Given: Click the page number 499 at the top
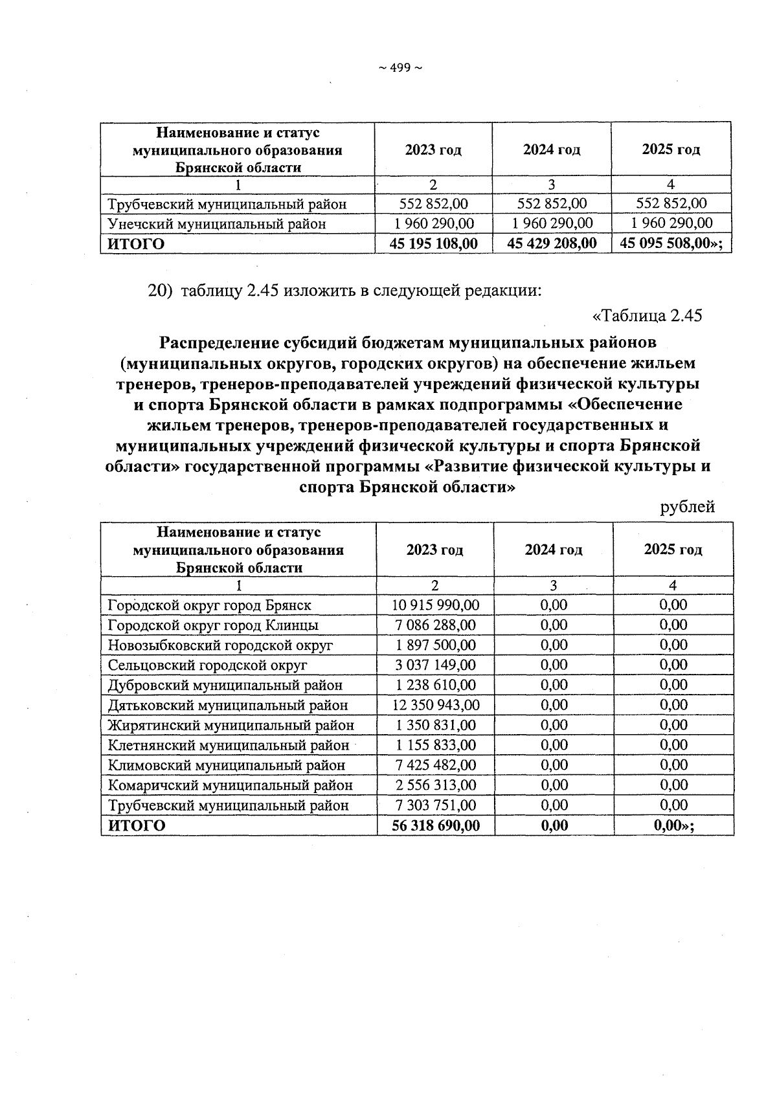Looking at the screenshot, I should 400,68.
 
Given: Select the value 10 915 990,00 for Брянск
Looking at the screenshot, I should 436,605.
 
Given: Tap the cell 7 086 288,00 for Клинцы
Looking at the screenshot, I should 436,625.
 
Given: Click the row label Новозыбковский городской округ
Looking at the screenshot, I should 220,645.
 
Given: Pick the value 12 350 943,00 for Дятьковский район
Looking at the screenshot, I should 436,705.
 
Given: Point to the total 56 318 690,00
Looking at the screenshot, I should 436,825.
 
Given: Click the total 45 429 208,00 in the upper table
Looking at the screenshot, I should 552,243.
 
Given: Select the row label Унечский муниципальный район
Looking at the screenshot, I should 216,224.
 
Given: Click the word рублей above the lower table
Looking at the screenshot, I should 687,507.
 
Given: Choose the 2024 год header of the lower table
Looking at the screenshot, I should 553,550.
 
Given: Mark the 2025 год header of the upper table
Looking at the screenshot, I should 671,150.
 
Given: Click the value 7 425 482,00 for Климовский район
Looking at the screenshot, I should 436,765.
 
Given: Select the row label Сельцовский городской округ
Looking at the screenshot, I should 207,665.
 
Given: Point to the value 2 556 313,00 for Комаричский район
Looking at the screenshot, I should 436,785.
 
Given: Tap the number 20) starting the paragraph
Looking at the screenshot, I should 161,291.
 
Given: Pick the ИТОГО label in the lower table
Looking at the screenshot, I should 136,825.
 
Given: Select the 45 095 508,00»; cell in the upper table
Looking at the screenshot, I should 671,243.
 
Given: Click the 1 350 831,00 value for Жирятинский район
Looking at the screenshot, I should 436,725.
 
